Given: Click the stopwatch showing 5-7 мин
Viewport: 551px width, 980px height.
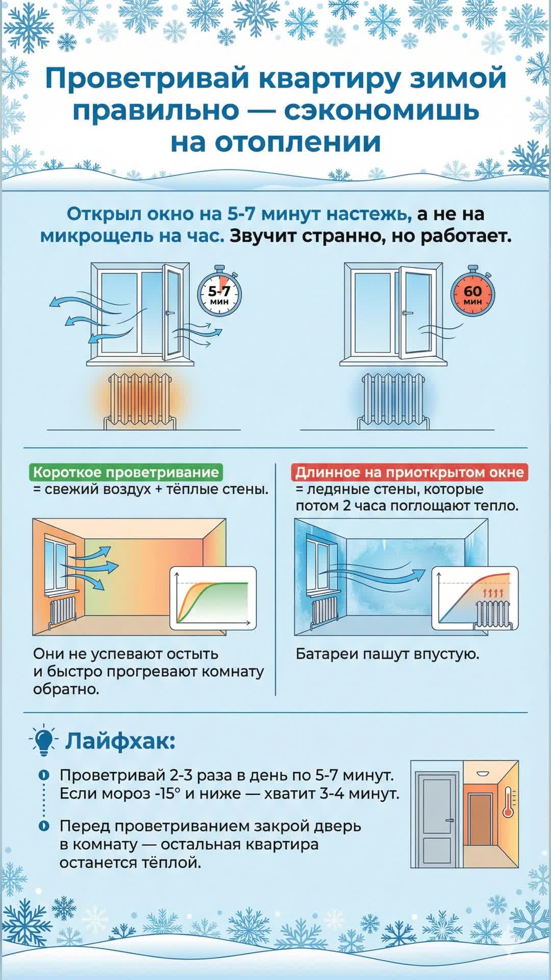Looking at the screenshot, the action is [x=219, y=294].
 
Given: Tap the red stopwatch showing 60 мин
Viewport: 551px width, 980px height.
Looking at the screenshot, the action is [x=472, y=294].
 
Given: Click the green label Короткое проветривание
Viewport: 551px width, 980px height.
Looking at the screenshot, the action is [x=126, y=472].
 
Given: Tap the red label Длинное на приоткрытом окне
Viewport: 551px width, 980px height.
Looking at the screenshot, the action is [x=409, y=472].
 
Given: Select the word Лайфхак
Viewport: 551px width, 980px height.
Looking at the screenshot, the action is [x=120, y=741].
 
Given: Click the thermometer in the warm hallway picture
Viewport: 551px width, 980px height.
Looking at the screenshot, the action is [x=508, y=802].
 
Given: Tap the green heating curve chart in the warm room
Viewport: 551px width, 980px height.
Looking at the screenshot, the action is [x=213, y=598].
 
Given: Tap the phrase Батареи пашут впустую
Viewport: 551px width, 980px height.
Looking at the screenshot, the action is [x=388, y=654].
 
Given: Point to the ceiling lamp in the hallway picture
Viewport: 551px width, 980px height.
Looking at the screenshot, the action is [x=482, y=774].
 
